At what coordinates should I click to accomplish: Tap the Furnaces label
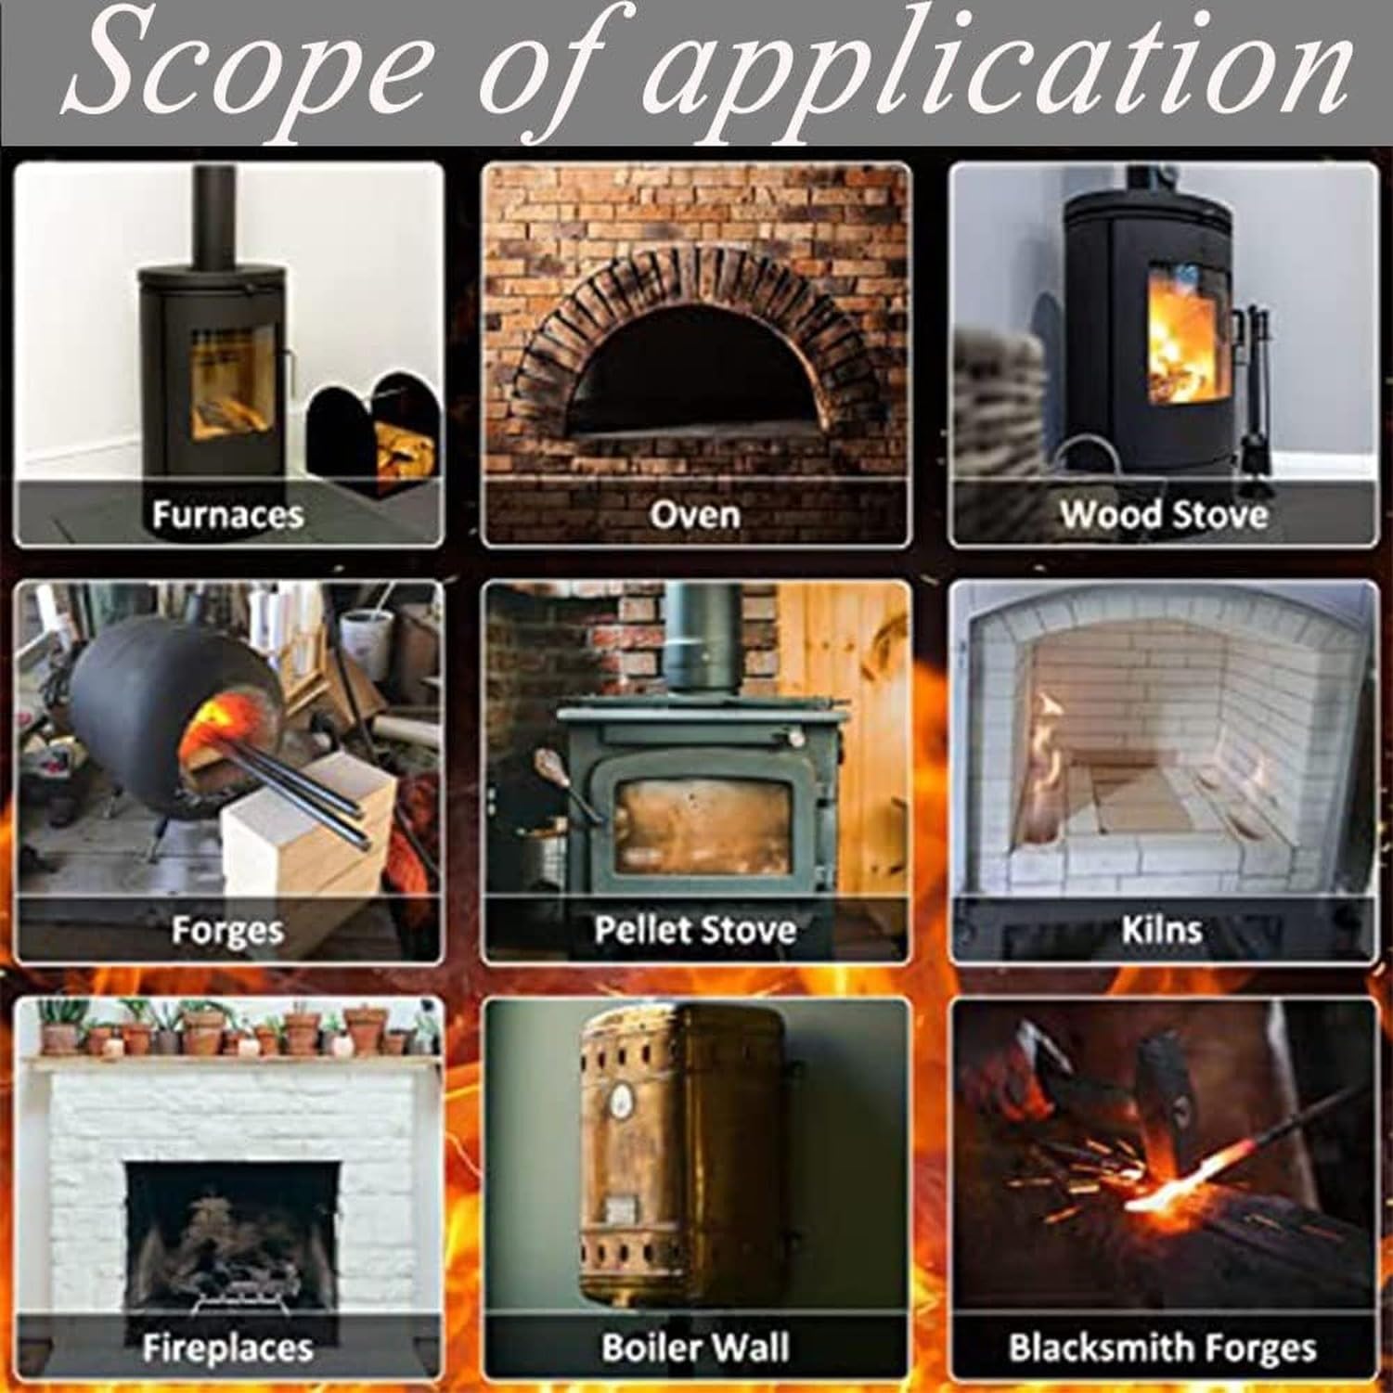(228, 514)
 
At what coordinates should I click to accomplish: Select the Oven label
(695, 514)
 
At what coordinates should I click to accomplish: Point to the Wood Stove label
(1164, 514)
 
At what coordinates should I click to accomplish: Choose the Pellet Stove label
(695, 930)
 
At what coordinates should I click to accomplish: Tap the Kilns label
(1162, 930)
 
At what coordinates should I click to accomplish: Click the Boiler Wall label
(695, 1348)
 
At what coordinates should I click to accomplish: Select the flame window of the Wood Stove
(1180, 337)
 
